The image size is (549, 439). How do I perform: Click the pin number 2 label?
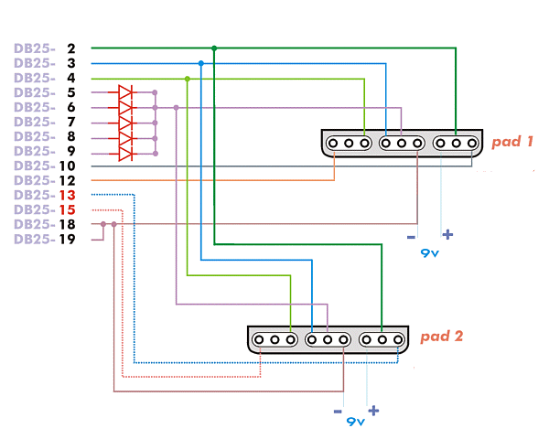tap(71, 48)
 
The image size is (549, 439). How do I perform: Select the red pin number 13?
tap(67, 195)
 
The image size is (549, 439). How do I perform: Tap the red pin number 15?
tap(67, 209)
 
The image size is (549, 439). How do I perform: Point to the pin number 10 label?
tap(67, 166)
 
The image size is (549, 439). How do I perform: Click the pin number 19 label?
tap(67, 239)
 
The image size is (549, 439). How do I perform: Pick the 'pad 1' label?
tap(512, 142)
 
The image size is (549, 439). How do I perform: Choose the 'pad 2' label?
tap(442, 337)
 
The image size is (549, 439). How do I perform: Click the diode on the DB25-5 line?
tap(125, 92)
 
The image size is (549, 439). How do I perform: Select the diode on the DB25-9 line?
tap(125, 154)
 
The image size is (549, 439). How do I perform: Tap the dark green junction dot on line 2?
tap(214, 48)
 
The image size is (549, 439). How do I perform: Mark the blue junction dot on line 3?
tap(201, 63)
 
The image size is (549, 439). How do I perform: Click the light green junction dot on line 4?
tap(188, 80)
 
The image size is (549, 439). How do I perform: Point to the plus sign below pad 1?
tap(447, 234)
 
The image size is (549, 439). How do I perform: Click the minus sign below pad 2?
tap(338, 412)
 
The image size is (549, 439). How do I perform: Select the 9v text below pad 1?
tap(430, 252)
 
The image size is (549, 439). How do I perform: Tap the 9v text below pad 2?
tap(356, 421)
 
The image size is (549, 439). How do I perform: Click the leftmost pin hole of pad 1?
tap(333, 144)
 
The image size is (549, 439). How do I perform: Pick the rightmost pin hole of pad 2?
tap(398, 339)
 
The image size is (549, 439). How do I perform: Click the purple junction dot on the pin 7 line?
tap(156, 123)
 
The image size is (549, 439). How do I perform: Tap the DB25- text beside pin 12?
tap(35, 181)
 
